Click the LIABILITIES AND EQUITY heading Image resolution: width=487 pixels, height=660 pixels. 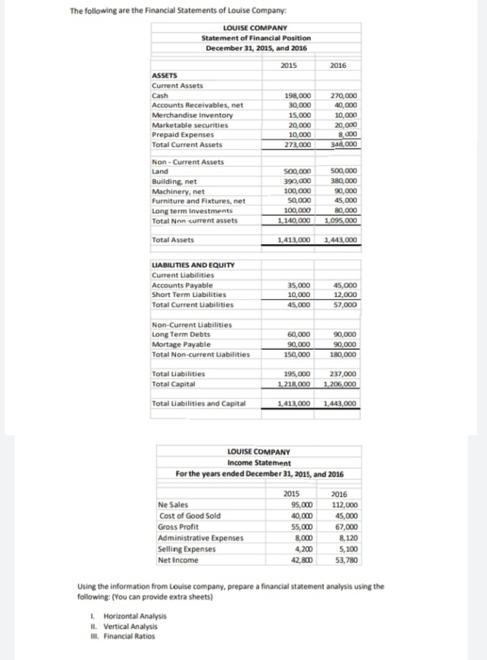pyautogui.click(x=192, y=265)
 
